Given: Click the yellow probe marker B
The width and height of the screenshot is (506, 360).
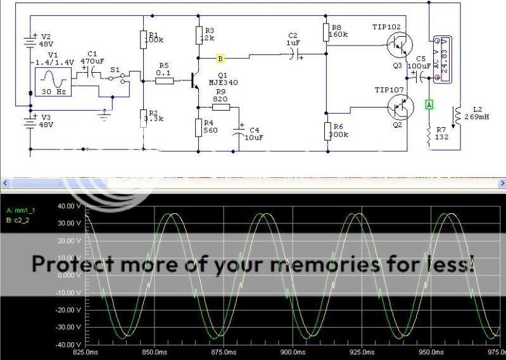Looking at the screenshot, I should point(220,58).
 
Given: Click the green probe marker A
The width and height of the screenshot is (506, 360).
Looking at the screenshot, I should point(429,103).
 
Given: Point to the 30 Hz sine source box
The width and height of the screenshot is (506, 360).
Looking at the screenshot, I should point(54,82).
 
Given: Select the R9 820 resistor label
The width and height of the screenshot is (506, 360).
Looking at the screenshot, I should point(220,96).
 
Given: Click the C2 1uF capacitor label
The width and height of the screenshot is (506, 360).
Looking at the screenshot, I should point(293,39).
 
